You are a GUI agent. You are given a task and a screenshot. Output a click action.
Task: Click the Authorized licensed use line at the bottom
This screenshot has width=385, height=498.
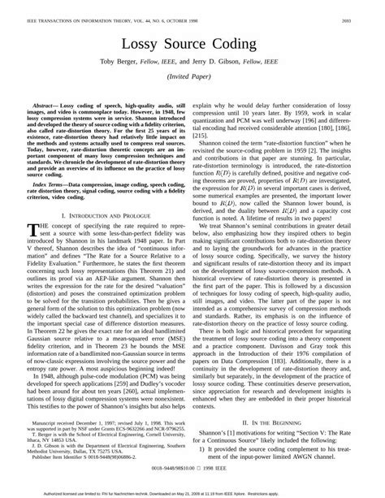(192, 492)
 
